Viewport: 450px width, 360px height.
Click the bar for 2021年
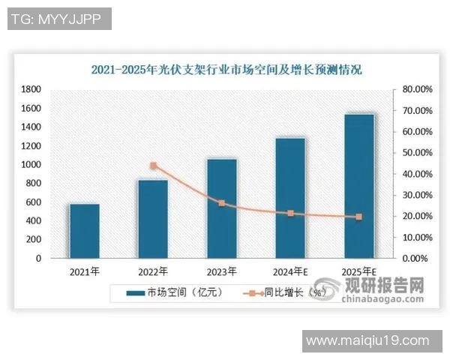pos(85,231)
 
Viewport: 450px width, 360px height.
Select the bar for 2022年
pos(153,219)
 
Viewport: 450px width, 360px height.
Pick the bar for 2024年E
pos(290,198)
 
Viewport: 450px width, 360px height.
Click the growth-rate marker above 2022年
pos(153,166)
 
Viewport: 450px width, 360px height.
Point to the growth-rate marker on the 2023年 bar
pos(221,203)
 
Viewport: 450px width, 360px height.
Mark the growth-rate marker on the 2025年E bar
pos(358,217)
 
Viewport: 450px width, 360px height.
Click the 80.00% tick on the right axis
pos(416,89)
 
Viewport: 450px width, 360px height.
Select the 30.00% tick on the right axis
pos(416,195)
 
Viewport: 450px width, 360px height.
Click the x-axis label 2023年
pos(221,271)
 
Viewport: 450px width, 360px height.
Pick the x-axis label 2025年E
pos(358,271)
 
